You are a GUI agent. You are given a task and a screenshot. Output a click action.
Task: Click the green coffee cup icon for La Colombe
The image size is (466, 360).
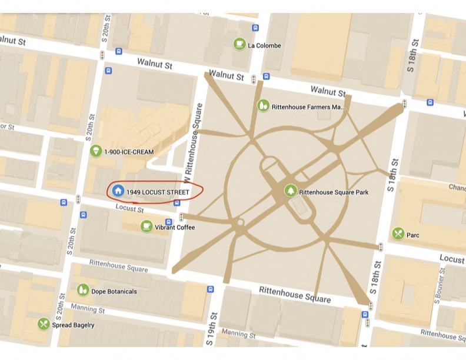point(239,44)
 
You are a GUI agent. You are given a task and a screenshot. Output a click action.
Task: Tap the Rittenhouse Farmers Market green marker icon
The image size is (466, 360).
point(263,106)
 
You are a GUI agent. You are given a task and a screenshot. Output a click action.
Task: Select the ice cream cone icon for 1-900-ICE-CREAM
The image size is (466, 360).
point(96,152)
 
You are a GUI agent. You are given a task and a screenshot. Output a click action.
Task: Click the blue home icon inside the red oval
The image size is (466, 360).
point(118,191)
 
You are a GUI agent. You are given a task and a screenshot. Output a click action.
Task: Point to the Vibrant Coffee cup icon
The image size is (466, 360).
point(146,226)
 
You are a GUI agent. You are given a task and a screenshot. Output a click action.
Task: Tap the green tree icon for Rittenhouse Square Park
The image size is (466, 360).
point(290,191)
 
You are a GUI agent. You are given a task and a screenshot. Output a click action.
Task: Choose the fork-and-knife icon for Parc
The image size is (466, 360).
point(398,234)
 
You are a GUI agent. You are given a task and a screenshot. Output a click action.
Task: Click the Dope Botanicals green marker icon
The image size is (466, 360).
point(83,291)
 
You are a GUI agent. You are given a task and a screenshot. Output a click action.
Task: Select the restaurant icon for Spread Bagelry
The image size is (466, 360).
point(44,324)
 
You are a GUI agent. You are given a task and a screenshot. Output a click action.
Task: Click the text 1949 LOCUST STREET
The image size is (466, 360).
point(158,192)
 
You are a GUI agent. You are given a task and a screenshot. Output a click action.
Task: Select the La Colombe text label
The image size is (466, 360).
point(264,45)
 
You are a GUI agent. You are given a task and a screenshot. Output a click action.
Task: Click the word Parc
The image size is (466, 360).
point(413,235)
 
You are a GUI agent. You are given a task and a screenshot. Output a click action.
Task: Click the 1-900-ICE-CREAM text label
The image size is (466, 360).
point(129,152)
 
